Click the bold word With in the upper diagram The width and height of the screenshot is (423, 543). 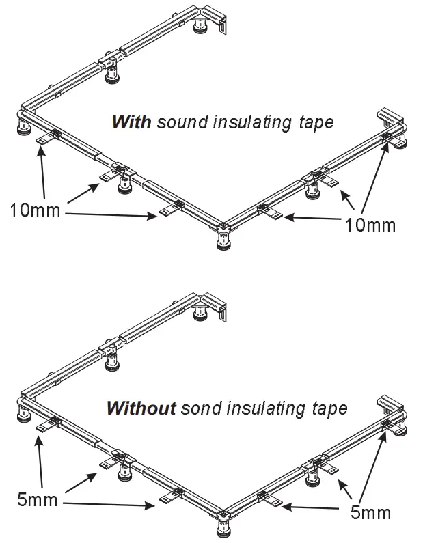click(132, 123)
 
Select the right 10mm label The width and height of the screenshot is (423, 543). click(370, 224)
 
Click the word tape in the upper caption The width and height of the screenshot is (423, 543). click(317, 124)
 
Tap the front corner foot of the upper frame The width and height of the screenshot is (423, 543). click(223, 240)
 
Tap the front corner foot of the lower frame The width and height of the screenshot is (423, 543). click(223, 527)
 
